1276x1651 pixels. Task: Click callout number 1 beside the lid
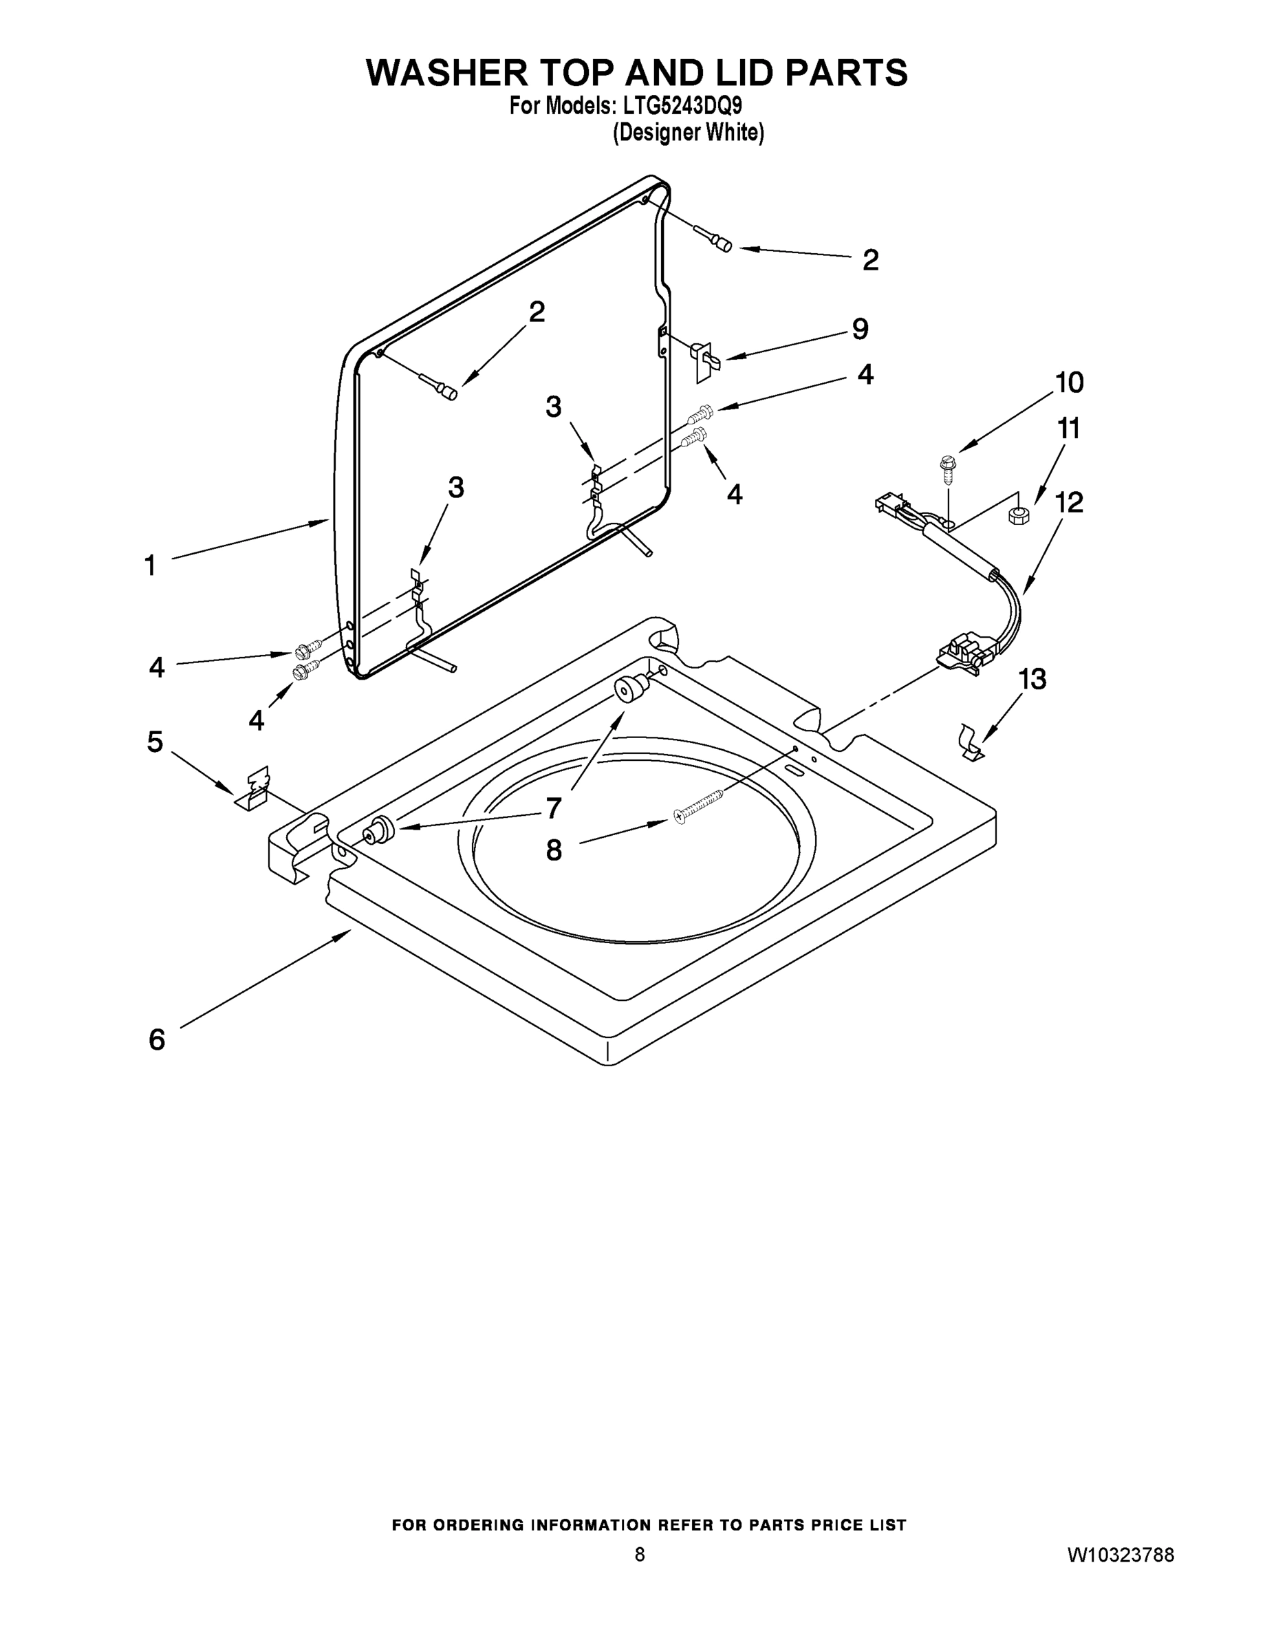click(x=151, y=565)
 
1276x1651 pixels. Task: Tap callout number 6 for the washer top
click(x=156, y=1040)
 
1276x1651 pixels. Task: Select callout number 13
click(x=1032, y=680)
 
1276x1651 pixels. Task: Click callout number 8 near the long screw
click(x=554, y=850)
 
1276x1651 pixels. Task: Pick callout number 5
click(x=155, y=742)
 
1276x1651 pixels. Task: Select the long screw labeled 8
click(x=698, y=805)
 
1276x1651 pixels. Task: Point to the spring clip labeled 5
click(x=255, y=788)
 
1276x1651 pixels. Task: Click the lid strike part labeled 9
click(x=704, y=359)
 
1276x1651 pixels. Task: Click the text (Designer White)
click(x=687, y=133)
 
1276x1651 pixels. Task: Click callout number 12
click(x=1069, y=503)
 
